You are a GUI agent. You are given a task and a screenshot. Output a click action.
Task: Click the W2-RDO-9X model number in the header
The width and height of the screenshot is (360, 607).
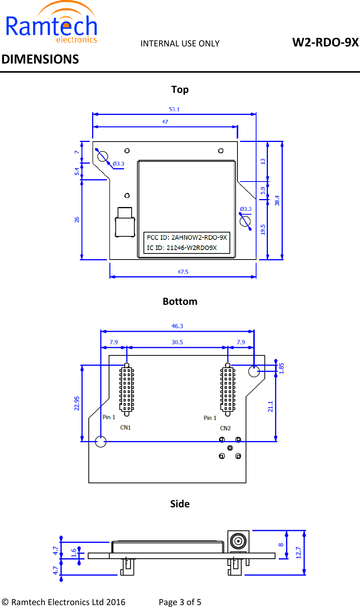(x=325, y=42)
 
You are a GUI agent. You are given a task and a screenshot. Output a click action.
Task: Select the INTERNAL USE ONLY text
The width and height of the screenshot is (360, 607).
(x=180, y=44)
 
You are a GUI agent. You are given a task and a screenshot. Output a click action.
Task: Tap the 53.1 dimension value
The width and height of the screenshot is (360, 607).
(x=174, y=109)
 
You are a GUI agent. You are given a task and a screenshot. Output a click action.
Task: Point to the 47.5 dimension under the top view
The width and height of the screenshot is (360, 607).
(x=183, y=272)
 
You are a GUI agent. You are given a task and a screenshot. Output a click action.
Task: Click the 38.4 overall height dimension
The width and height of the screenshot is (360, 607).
(x=277, y=201)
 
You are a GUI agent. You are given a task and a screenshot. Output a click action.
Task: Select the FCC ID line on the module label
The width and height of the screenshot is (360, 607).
(x=187, y=237)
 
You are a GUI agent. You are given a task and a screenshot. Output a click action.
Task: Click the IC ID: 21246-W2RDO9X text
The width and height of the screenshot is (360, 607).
(x=182, y=248)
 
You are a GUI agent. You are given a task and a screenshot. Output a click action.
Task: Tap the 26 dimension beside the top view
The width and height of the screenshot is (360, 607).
(x=77, y=220)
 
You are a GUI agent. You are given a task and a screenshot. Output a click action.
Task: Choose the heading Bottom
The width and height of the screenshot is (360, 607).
(x=180, y=301)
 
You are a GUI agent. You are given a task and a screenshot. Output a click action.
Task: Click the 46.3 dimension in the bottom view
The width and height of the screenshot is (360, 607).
(x=177, y=326)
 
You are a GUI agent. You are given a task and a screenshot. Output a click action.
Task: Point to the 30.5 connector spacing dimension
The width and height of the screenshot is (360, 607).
(x=177, y=342)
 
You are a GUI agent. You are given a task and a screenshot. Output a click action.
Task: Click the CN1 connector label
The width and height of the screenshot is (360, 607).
(x=126, y=427)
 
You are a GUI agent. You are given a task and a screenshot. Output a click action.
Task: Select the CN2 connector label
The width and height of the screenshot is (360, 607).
(x=225, y=428)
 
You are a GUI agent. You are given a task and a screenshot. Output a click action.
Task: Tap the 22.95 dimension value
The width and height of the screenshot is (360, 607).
(x=77, y=403)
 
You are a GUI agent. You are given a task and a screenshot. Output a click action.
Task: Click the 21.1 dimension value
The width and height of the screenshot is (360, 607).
(x=271, y=406)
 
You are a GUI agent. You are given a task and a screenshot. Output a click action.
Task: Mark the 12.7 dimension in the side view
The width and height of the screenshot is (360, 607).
(x=298, y=553)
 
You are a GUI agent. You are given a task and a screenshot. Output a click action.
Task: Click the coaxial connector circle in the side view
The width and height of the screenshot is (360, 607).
(x=239, y=541)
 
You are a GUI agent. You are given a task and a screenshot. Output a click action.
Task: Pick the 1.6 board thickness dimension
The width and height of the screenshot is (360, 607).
(x=73, y=553)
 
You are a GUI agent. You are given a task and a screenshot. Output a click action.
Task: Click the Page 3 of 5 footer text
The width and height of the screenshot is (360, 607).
(x=180, y=602)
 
